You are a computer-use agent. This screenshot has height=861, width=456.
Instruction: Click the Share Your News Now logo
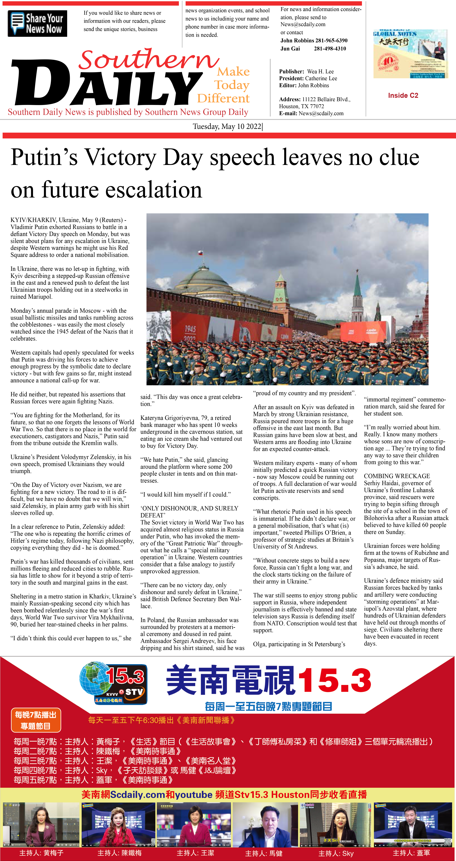37,23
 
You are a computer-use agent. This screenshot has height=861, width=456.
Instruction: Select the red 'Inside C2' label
403,96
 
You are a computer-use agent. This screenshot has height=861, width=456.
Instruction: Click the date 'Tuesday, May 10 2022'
227,126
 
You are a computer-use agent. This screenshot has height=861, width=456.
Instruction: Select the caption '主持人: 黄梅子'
41,853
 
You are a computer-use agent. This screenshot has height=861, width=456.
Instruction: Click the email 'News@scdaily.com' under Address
321,113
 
